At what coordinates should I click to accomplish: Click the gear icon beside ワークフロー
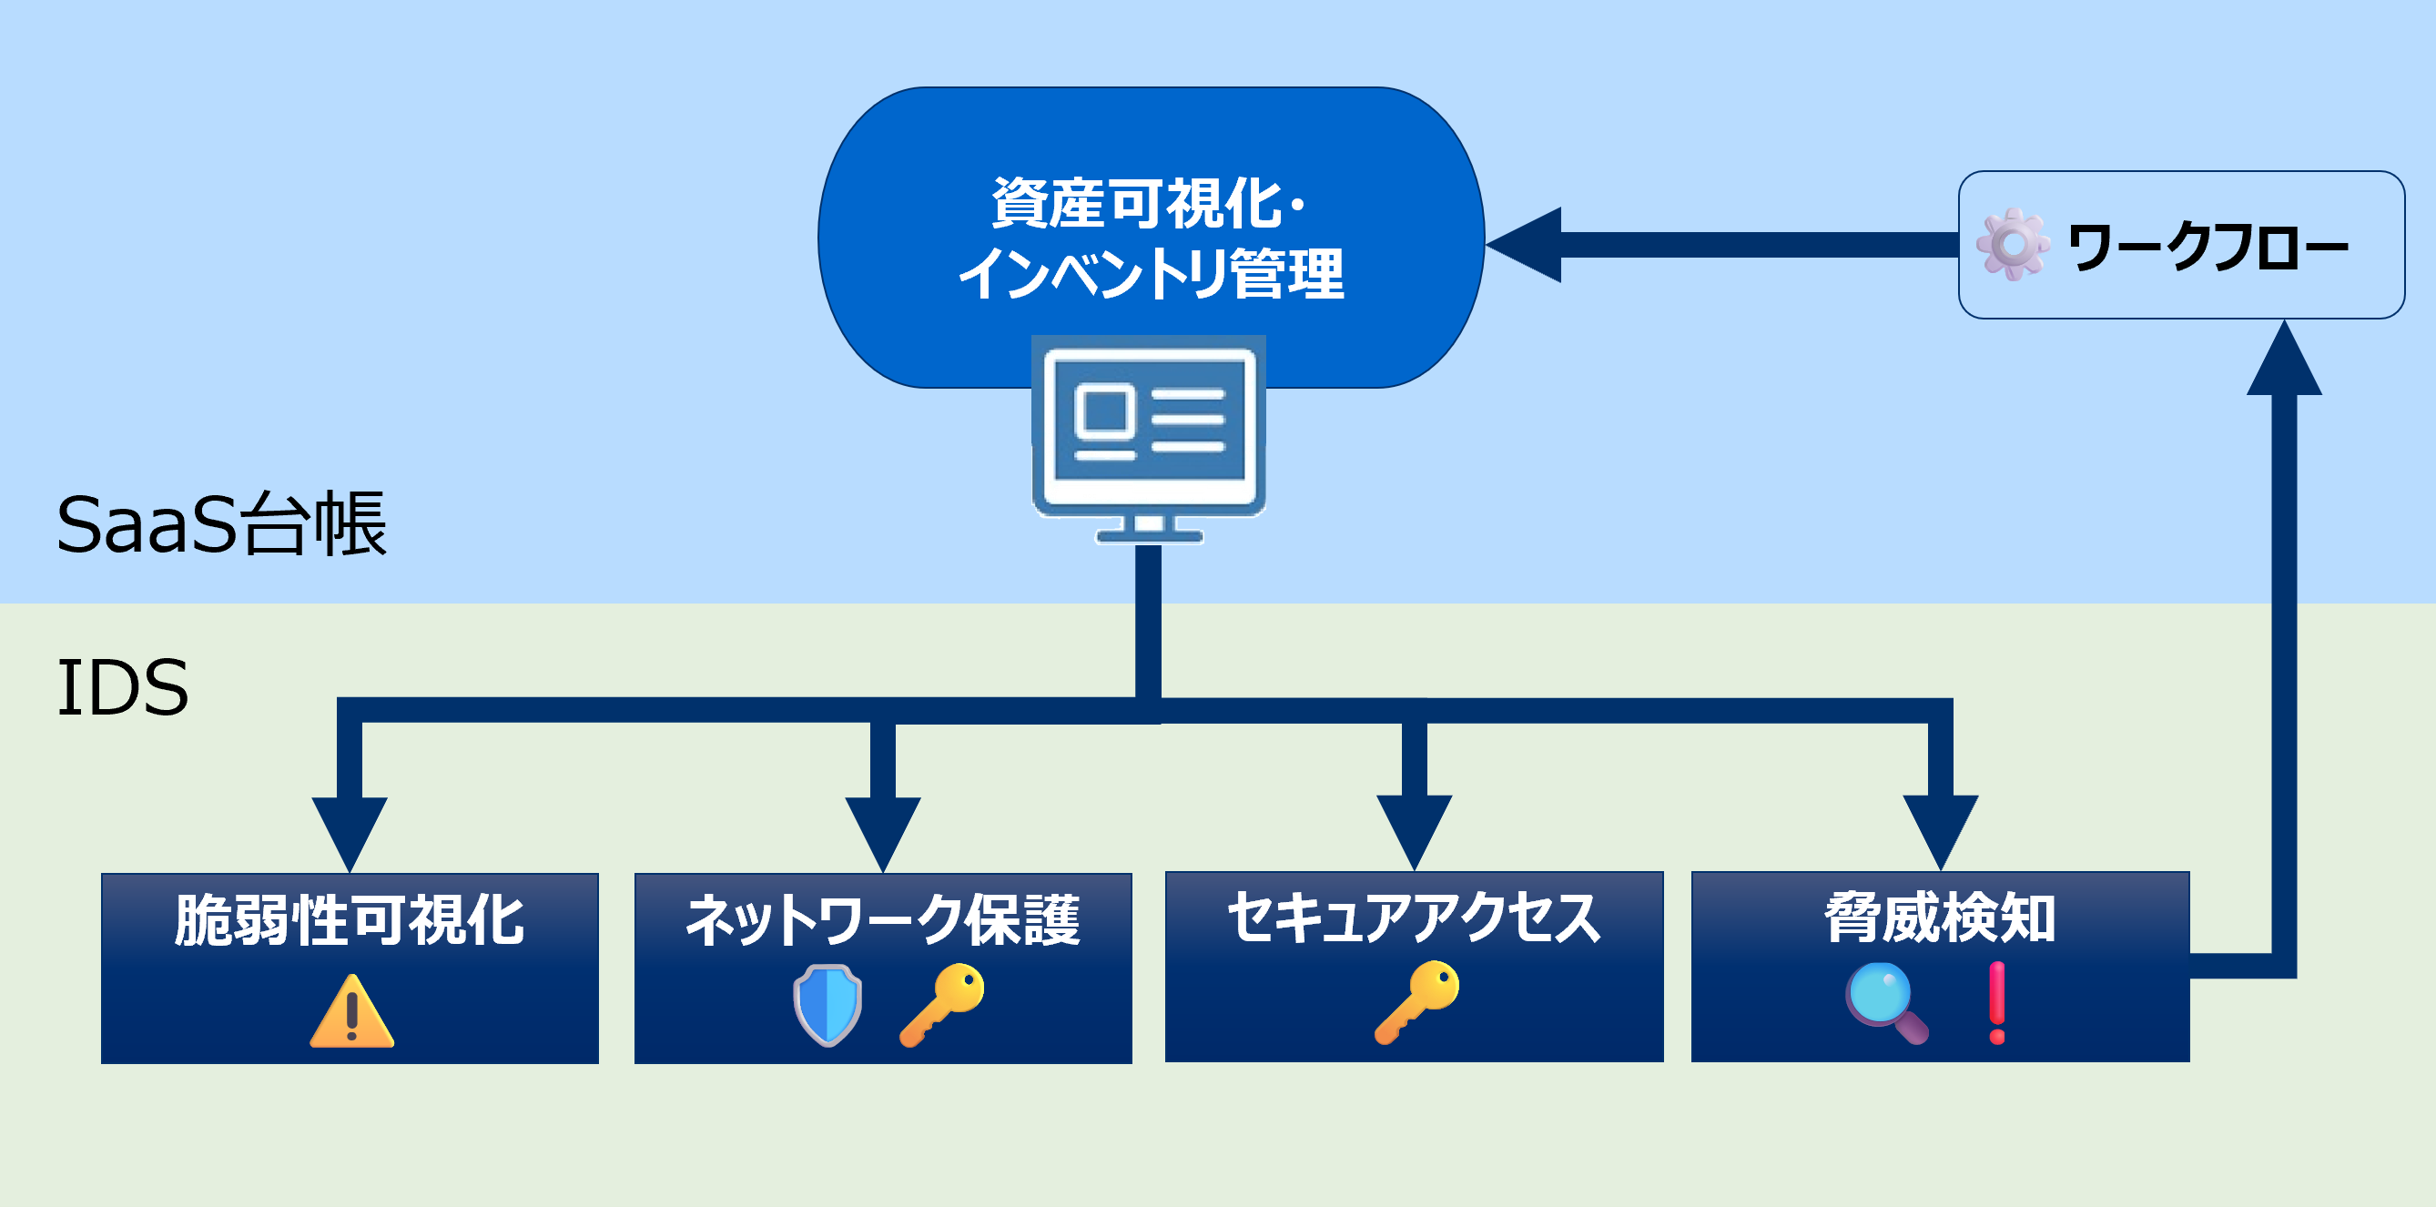2013,244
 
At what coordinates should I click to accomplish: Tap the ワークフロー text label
2208,247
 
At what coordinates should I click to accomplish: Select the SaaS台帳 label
221,524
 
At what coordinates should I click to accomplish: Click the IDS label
123,687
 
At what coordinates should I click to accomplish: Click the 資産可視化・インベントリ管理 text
1151,238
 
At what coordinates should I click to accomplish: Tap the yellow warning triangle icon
351,1011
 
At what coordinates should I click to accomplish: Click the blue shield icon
827,1005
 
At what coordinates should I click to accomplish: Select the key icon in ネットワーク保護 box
942,1005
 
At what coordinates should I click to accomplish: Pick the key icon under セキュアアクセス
1416,1003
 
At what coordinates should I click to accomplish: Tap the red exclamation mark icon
1996,1003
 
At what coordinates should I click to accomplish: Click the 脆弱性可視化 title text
350,920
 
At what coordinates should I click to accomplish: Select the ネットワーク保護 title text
882,920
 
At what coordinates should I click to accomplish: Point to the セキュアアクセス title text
1414,918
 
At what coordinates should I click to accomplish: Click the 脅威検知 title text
1940,918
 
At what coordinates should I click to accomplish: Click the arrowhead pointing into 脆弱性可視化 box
350,832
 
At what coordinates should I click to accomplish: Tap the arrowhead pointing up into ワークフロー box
2284,360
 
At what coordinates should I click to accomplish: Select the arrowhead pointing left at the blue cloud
1525,244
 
